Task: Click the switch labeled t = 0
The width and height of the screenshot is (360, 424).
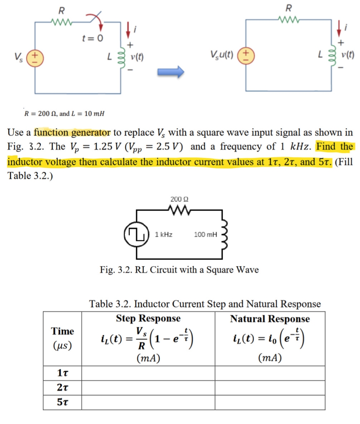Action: click(95, 23)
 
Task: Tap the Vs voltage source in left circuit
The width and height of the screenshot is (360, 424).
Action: click(35, 57)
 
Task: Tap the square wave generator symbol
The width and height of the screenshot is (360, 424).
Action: click(137, 234)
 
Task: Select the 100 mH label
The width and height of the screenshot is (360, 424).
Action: click(205, 235)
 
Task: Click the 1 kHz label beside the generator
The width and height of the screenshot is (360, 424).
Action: click(164, 235)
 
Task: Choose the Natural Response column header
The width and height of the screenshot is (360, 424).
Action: click(270, 318)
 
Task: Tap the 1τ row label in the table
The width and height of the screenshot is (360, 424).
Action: click(63, 374)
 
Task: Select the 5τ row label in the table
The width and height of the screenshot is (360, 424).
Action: click(63, 402)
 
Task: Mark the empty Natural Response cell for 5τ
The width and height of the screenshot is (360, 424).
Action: click(270, 402)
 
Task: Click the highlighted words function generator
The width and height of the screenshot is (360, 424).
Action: click(72, 132)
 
